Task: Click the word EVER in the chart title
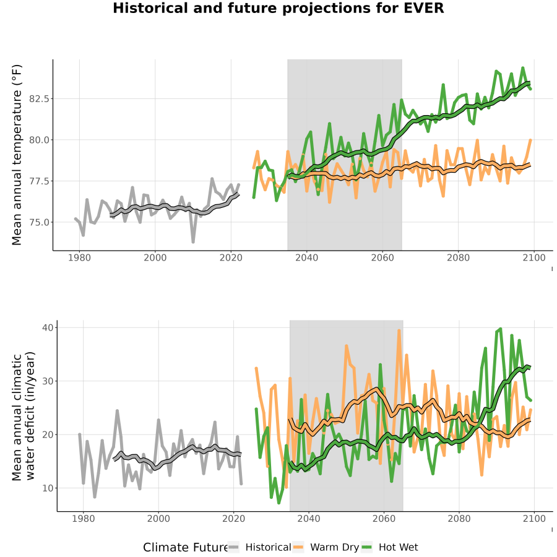424,8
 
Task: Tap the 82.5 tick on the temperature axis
39,99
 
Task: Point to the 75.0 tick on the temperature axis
39,222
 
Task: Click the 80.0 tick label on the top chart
39,140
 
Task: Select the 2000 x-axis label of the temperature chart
155,257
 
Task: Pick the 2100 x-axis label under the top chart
534,257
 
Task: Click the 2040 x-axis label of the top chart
306,257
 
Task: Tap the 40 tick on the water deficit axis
48,327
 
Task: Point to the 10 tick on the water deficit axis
48,488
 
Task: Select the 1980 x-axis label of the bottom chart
83,519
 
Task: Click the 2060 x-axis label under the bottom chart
384,519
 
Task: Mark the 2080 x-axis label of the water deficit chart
459,519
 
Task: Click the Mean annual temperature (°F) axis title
17,155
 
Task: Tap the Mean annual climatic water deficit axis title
23,416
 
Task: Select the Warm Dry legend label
334,548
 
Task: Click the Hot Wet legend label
398,548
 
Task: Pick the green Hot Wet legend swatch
366,548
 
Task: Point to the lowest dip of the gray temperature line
193,242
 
